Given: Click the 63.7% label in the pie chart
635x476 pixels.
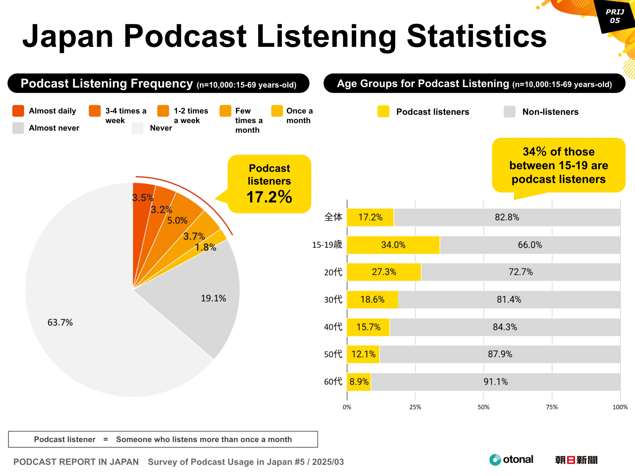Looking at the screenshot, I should click(60, 322).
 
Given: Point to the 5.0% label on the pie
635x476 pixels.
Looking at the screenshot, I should click(177, 221).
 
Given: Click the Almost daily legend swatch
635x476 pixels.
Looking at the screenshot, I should click(18, 111).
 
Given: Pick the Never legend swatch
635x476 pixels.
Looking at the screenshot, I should click(137, 128).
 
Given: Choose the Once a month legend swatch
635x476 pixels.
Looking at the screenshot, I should click(277, 111).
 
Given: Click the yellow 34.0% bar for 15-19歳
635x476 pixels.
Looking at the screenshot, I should click(393, 245).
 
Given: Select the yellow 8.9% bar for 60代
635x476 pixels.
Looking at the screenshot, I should click(359, 381).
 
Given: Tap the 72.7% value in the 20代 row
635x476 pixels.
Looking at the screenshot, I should click(521, 272).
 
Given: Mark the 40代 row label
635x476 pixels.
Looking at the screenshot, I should click(333, 327).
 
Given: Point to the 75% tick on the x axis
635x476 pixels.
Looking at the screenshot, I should click(552, 407).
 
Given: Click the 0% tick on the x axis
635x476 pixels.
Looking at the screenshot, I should click(347, 407).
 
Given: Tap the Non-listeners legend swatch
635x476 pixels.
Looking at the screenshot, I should click(509, 112).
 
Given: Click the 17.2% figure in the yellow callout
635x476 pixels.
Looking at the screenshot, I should click(269, 197).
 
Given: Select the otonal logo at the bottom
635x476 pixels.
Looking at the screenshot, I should click(512, 460).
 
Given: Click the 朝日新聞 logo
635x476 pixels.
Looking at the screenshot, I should click(576, 460).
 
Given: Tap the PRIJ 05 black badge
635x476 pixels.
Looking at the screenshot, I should click(615, 16).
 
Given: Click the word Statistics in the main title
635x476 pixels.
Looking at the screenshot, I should click(477, 37).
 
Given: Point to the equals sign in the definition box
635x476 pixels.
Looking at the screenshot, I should click(106, 439).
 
